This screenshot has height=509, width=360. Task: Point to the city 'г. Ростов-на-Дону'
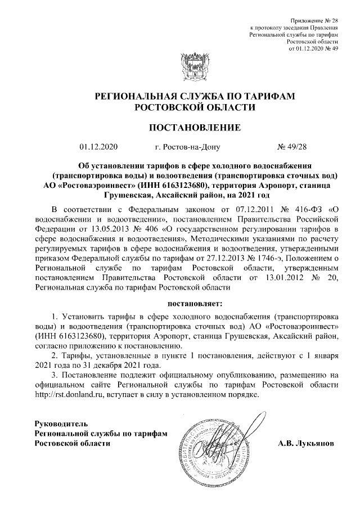coord(187,148)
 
